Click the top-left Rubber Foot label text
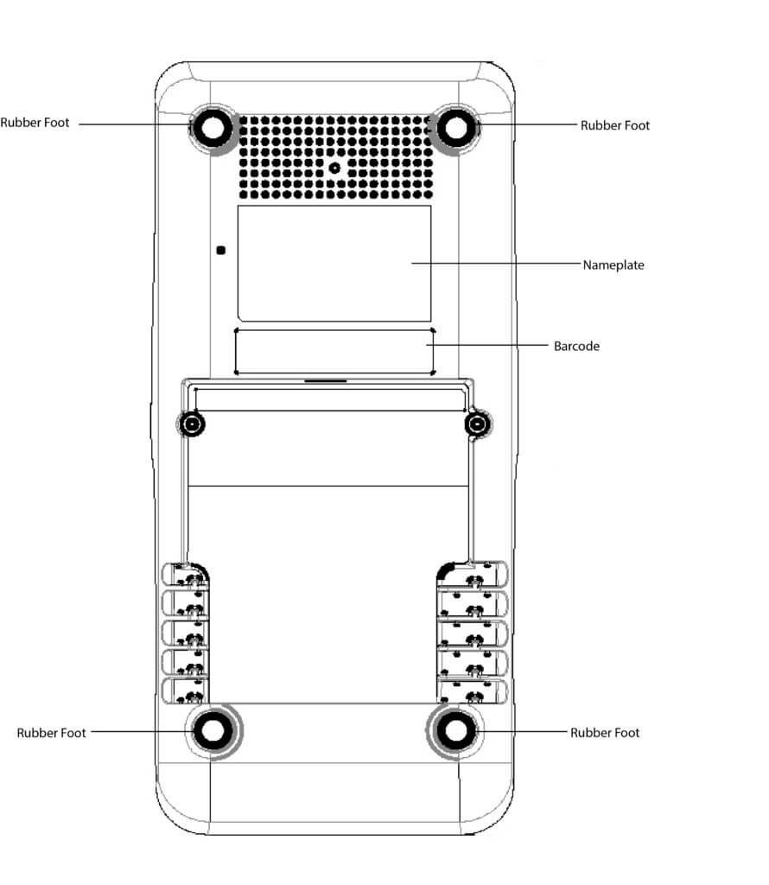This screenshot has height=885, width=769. [35, 123]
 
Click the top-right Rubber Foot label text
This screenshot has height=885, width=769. [614, 125]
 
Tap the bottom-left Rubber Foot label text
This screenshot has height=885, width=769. [51, 732]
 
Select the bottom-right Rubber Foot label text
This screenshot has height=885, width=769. [605, 732]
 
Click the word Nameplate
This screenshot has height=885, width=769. [613, 264]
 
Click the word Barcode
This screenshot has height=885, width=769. [576, 346]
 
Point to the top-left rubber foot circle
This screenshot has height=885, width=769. [211, 128]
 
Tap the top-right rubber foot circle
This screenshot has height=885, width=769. [455, 128]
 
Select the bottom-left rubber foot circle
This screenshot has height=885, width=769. [211, 731]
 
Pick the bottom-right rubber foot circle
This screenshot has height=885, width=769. [455, 731]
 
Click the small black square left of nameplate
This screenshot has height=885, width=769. [221, 251]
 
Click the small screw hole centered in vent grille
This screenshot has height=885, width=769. [334, 167]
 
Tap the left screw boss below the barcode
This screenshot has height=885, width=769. [191, 424]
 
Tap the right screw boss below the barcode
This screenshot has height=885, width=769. [477, 424]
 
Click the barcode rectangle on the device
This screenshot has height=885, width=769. [334, 351]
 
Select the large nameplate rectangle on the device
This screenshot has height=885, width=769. [334, 264]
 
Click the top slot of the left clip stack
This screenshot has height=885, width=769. [186, 573]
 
